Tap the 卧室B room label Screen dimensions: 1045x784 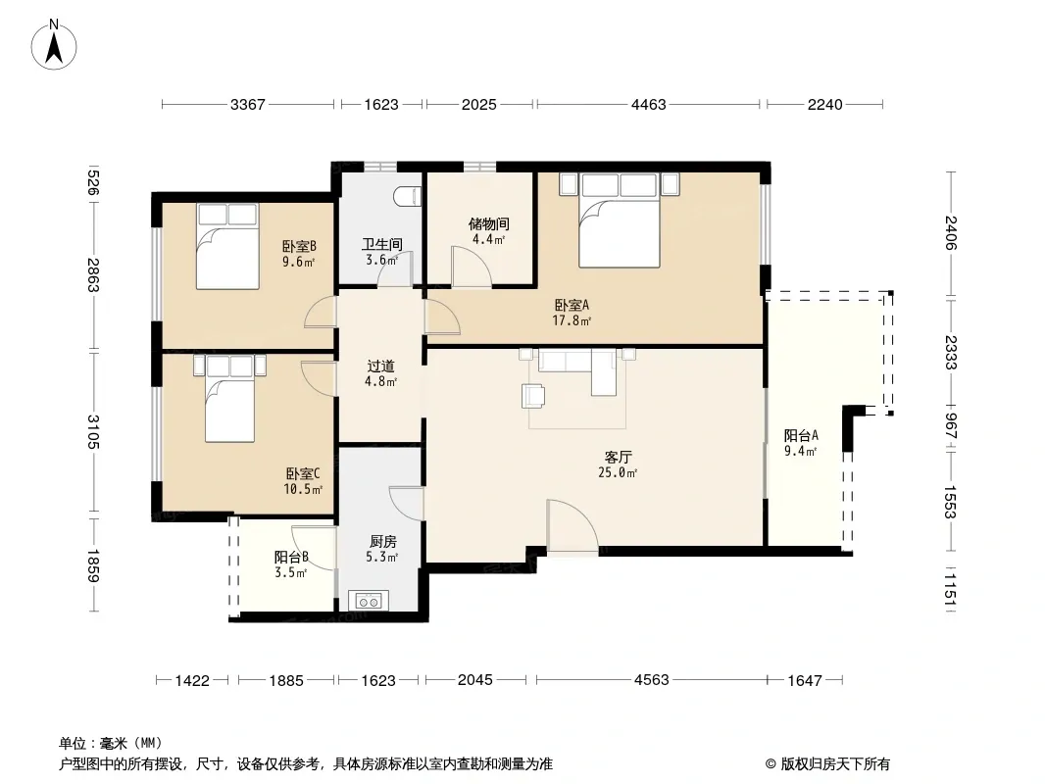[x=299, y=246]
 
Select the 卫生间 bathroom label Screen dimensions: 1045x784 [x=382, y=244]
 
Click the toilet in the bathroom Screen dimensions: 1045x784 [x=407, y=197]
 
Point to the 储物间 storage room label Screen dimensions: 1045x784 [x=488, y=223]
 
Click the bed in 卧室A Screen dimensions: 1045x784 [x=620, y=220]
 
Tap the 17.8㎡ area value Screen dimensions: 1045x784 [x=572, y=321]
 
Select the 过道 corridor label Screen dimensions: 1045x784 [x=380, y=367]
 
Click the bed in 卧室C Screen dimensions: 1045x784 [x=230, y=399]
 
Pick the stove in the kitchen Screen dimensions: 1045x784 [x=369, y=601]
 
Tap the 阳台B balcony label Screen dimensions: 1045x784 [x=291, y=557]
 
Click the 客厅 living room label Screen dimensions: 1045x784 [x=618, y=458]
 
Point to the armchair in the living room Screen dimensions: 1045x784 [x=533, y=395]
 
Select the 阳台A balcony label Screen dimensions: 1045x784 [x=801, y=436]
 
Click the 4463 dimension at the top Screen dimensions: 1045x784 [x=648, y=105]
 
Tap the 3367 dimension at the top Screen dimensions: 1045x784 [x=248, y=105]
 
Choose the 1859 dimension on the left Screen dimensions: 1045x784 [x=92, y=565]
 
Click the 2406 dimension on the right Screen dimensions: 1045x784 [x=951, y=232]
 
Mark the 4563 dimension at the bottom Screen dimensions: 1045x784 [x=651, y=680]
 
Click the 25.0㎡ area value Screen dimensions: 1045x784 [x=618, y=473]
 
